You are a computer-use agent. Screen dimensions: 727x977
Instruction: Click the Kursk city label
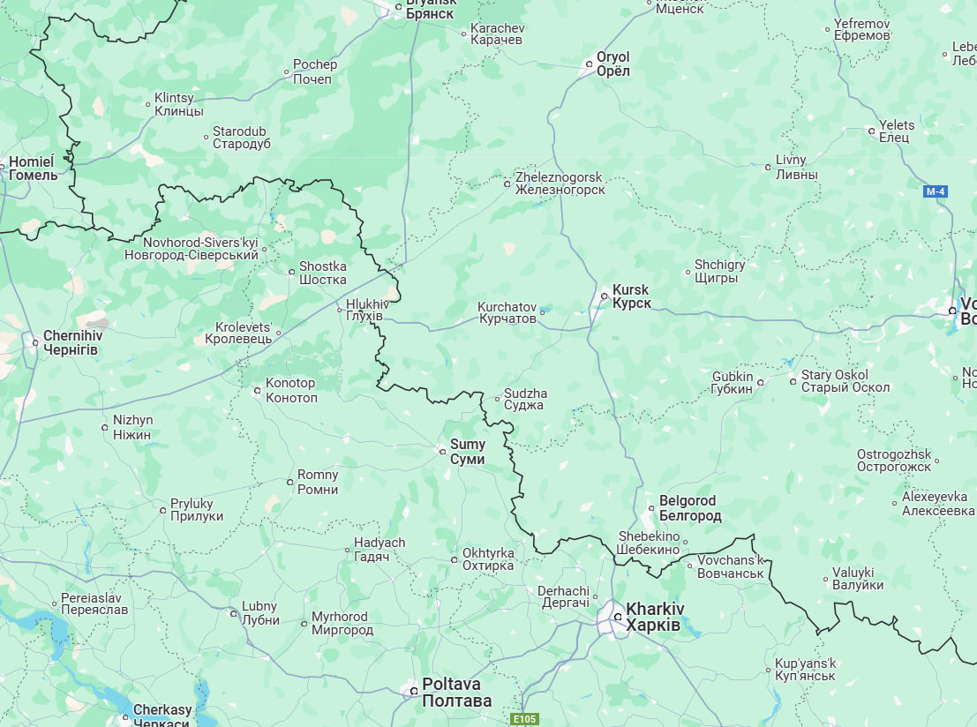coord(631,296)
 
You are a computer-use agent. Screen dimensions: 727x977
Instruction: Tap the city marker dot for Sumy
coord(443,452)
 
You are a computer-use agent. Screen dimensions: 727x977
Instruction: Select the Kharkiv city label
coord(654,617)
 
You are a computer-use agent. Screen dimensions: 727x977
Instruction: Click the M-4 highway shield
coord(936,191)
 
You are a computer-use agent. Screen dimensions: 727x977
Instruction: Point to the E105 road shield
coord(524,719)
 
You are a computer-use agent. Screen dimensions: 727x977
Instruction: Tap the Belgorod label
coord(690,508)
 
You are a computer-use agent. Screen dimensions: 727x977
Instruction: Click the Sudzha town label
coord(525,400)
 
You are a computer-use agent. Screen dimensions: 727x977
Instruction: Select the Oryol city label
coord(613,64)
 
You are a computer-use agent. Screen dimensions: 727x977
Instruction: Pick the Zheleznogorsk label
coord(560,184)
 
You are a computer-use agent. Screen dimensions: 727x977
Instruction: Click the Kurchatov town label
coord(507,312)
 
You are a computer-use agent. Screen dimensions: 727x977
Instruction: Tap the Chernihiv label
coord(72,342)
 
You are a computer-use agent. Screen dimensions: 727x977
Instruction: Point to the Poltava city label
coord(456,692)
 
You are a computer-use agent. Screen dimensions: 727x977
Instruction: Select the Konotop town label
coord(291,390)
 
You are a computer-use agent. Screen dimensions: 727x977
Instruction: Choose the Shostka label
coord(323,273)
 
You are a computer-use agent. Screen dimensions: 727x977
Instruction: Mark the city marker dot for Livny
coord(768,167)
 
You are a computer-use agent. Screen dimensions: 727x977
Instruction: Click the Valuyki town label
coord(859,579)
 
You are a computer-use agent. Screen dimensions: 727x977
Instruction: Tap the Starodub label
coord(241,137)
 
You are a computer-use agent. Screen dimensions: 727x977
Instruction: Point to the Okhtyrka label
coord(488,559)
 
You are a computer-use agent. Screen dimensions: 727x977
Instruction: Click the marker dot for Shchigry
coord(688,272)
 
